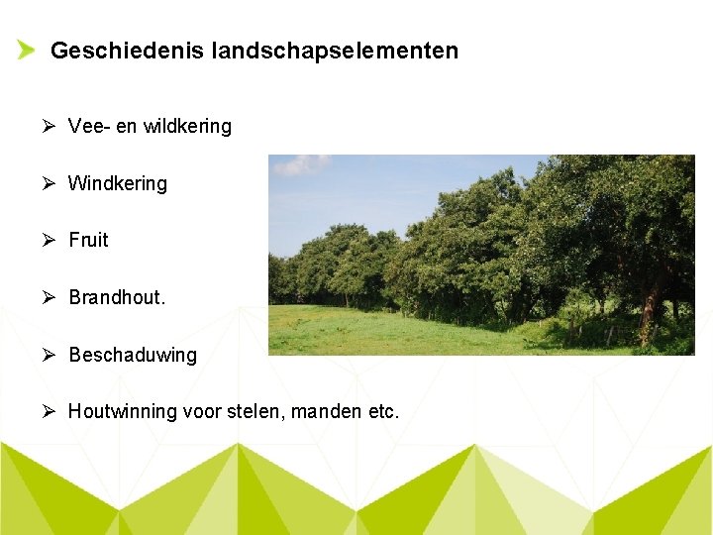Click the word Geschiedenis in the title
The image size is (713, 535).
tap(127, 51)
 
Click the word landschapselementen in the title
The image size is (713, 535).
tap(335, 51)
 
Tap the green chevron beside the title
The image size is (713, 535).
tap(26, 50)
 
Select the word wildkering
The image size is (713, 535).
tap(187, 127)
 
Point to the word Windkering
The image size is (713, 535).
tap(118, 184)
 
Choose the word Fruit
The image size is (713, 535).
tap(88, 241)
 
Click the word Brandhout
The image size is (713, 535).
tap(117, 297)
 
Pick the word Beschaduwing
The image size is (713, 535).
tap(133, 355)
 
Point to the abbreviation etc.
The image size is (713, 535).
tap(383, 411)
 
